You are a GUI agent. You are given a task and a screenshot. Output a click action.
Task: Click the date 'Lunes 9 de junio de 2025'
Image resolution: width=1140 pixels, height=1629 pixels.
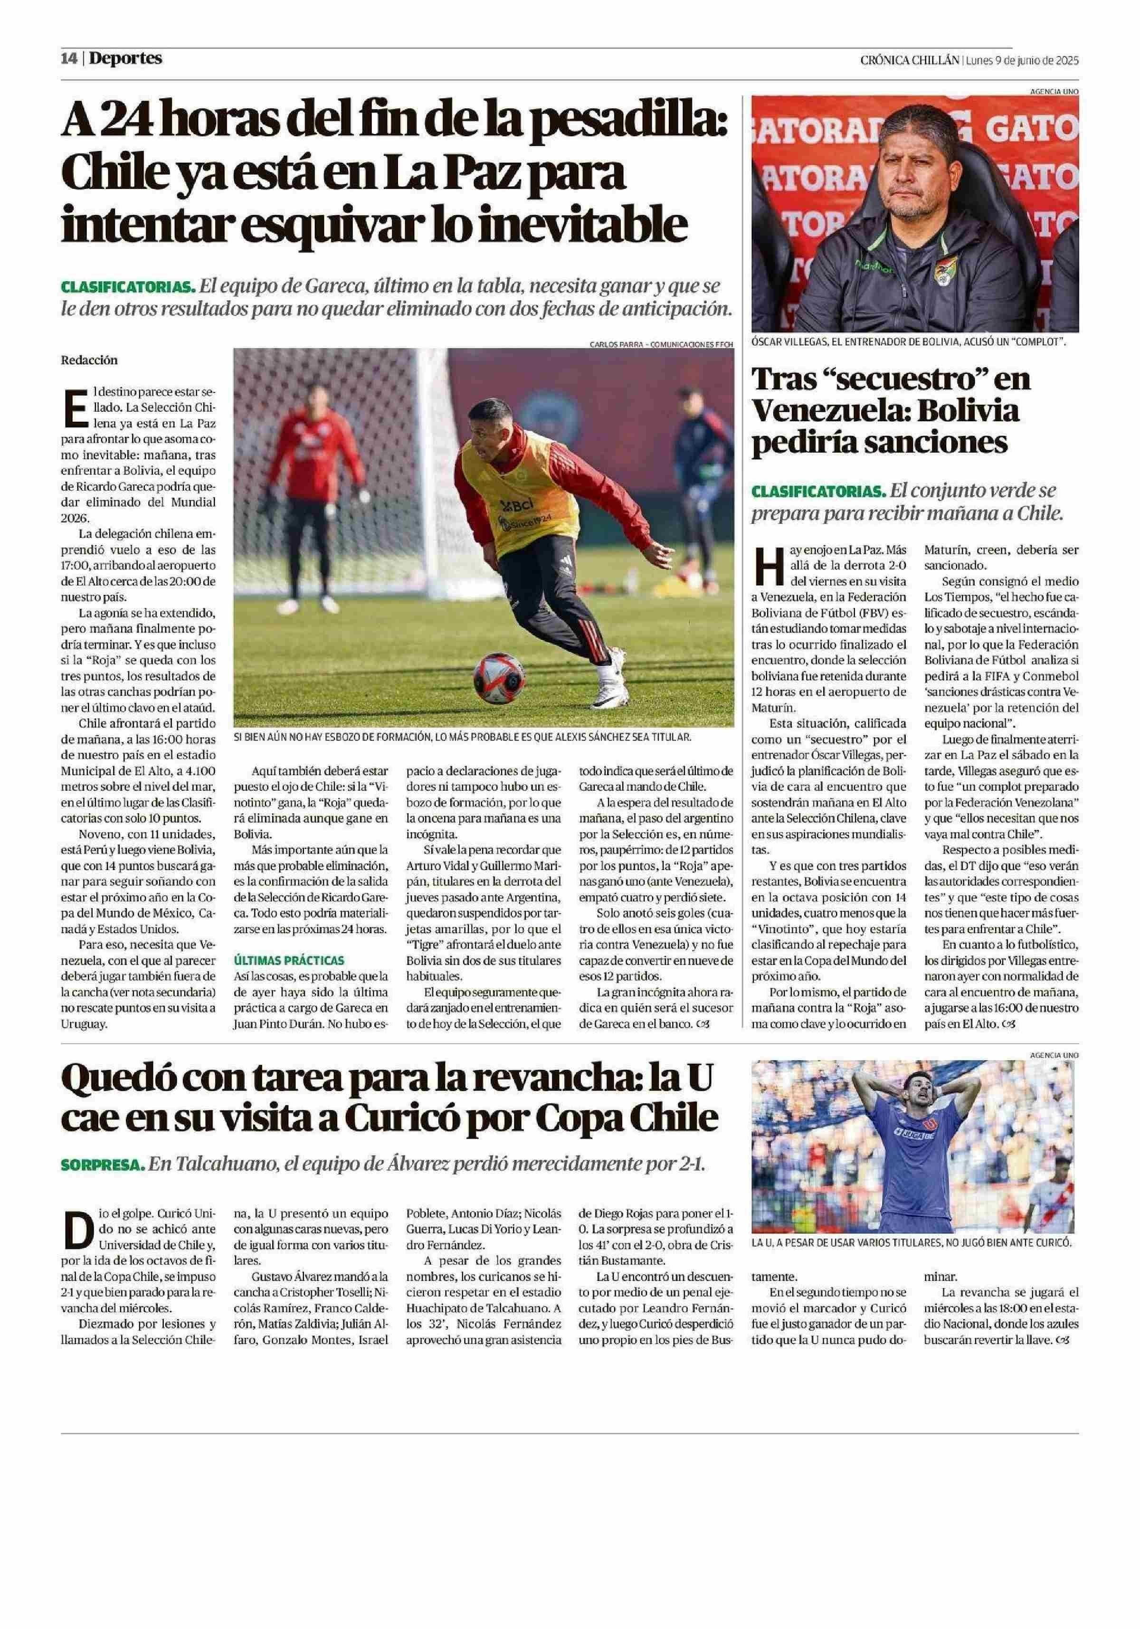click(x=1022, y=60)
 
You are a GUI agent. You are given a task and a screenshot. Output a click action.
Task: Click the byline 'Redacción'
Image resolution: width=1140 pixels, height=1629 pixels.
click(x=89, y=360)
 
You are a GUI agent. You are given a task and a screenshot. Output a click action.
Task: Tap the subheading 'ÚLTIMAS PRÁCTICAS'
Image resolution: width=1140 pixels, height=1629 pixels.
click(x=289, y=960)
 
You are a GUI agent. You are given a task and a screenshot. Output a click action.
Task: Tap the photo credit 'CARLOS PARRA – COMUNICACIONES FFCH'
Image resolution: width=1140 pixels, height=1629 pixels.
click(x=660, y=344)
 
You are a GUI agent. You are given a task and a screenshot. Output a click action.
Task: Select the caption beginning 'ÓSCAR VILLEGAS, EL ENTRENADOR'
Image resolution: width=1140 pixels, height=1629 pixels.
click(x=910, y=341)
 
